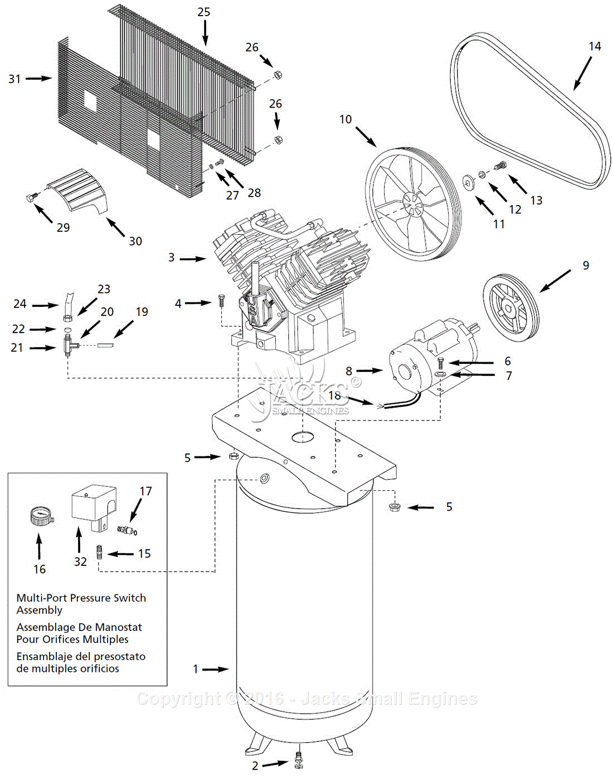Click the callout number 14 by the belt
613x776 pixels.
point(595,46)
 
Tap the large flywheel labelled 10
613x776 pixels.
point(413,203)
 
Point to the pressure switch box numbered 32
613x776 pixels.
point(94,504)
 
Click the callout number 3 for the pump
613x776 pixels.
point(172,257)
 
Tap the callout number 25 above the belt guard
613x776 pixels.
point(204,12)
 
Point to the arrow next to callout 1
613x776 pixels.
point(215,669)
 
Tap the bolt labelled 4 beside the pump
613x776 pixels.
point(220,301)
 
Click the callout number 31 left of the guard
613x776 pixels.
point(14,79)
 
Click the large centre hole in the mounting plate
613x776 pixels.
point(303,437)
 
